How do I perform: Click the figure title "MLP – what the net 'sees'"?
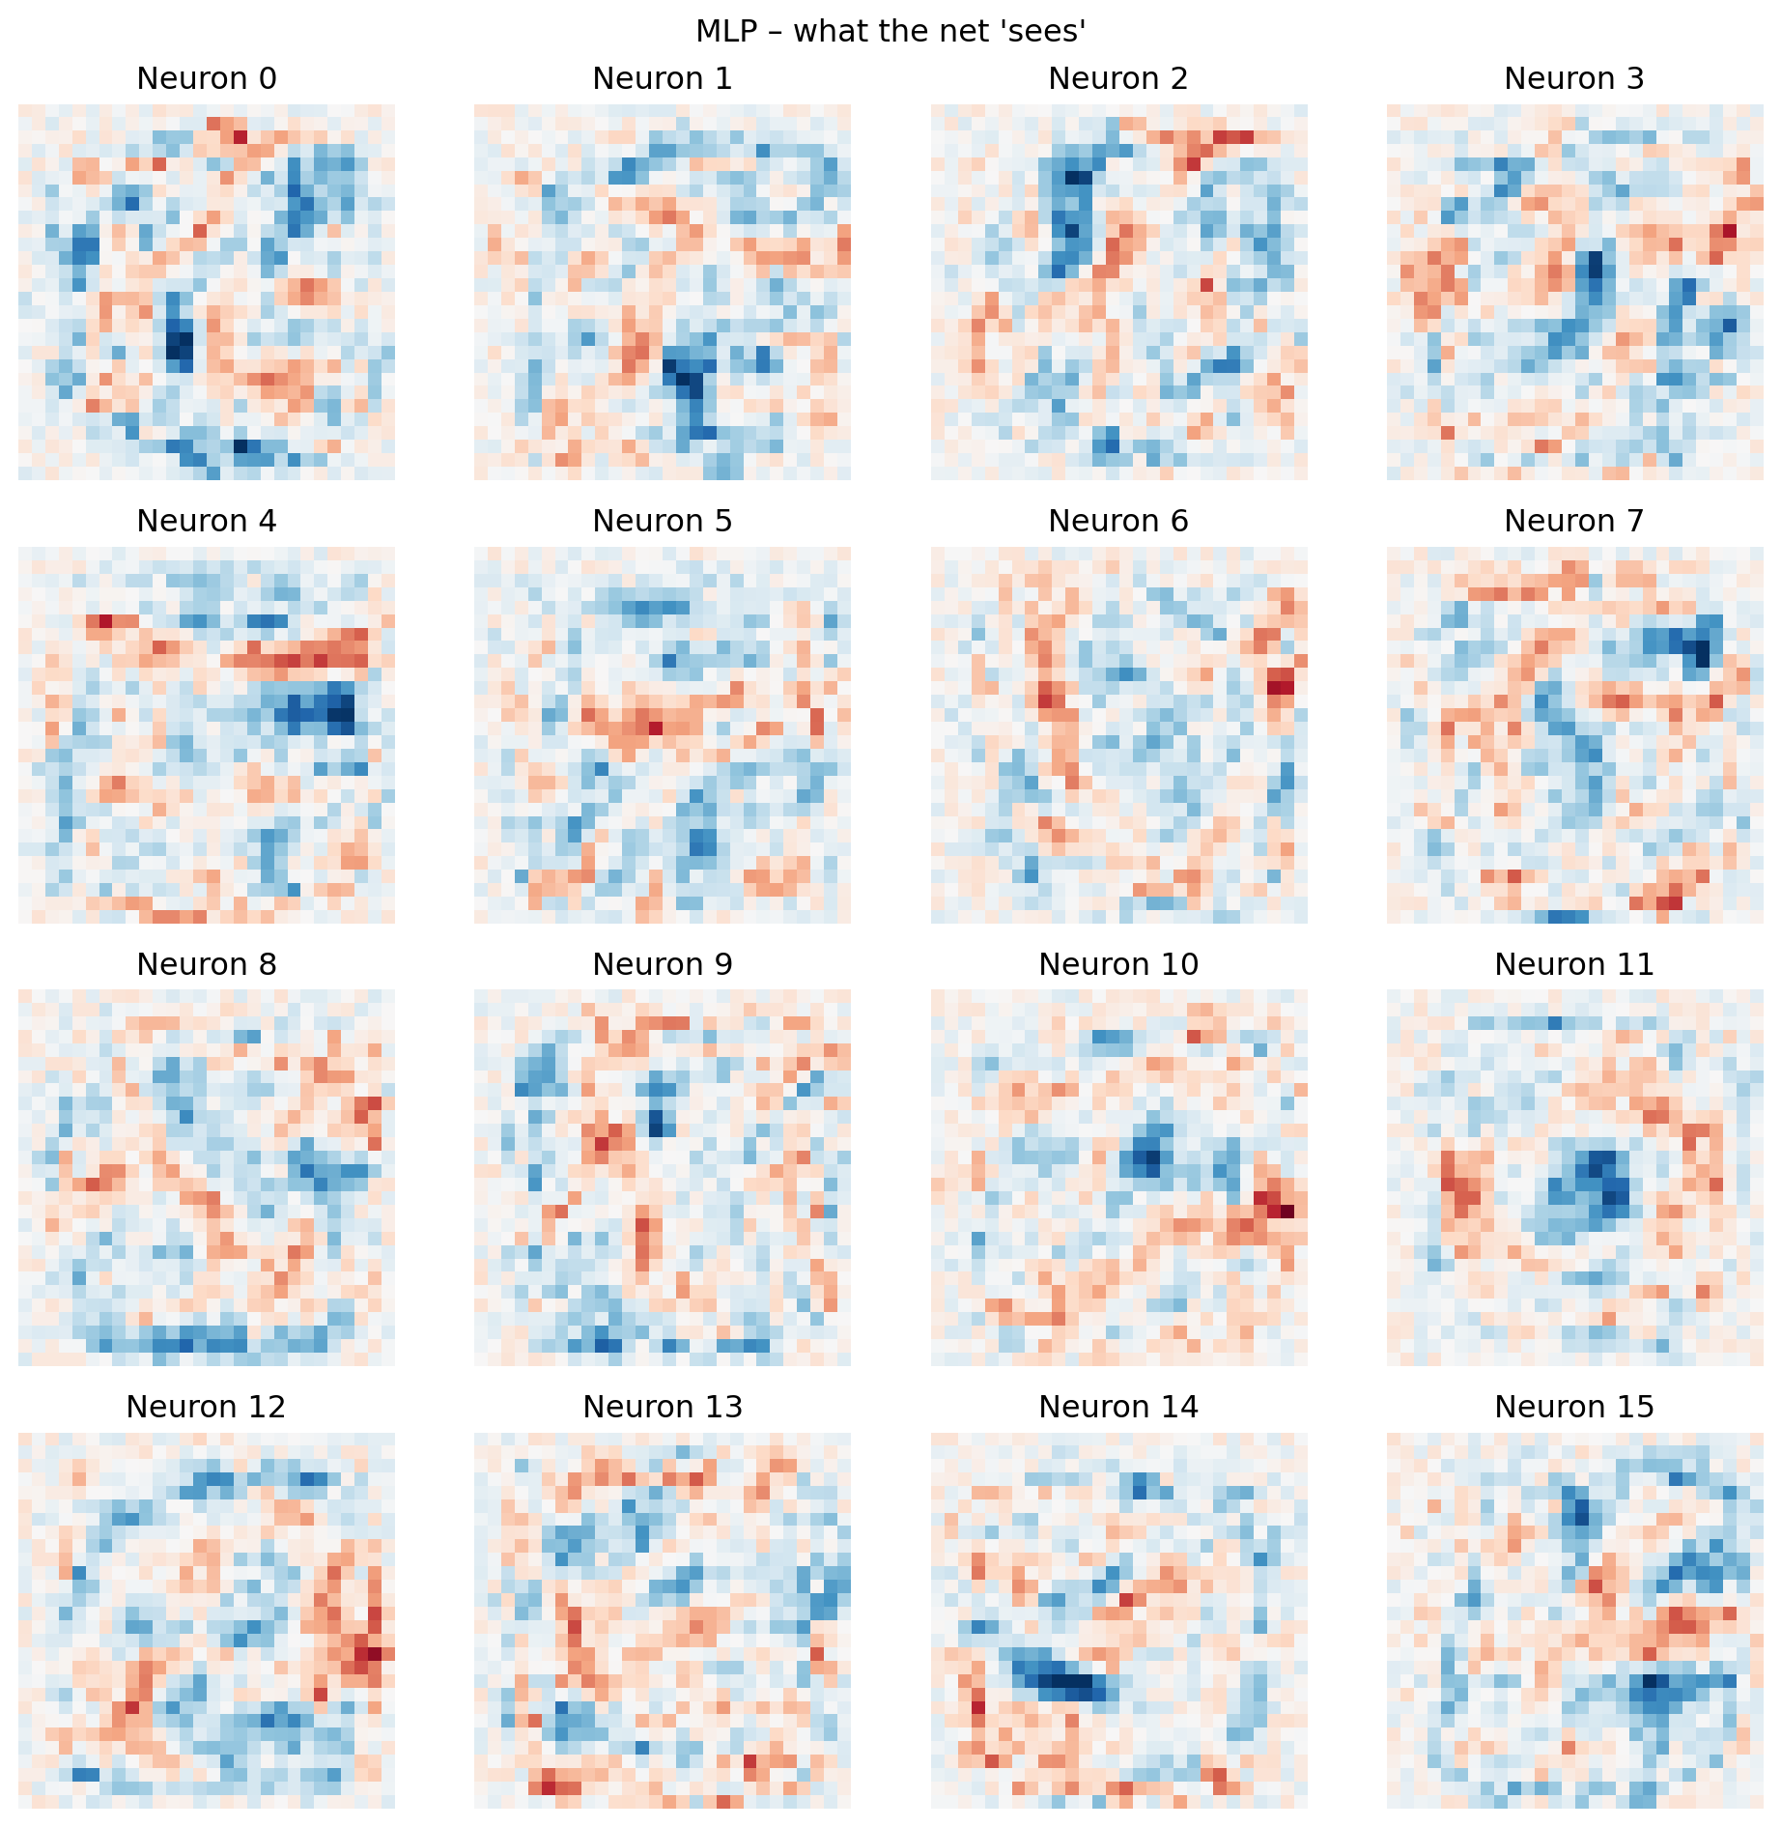click(x=890, y=31)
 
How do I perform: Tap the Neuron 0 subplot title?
click(x=207, y=78)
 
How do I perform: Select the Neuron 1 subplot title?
click(x=663, y=78)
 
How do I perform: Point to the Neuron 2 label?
click(x=1118, y=78)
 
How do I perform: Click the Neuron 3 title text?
click(x=1574, y=78)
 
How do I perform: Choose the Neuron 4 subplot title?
click(x=207, y=521)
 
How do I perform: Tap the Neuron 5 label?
click(x=663, y=521)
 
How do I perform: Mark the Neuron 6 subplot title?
click(x=1118, y=521)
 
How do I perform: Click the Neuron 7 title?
click(x=1574, y=521)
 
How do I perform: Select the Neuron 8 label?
click(x=207, y=964)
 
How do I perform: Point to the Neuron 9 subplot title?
click(x=663, y=964)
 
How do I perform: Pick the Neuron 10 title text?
click(x=1118, y=964)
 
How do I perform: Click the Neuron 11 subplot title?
click(x=1574, y=964)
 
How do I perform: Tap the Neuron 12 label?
click(x=207, y=1407)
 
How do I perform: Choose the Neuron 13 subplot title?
click(x=663, y=1407)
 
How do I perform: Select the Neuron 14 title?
click(x=1118, y=1407)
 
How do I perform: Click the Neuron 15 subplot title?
click(x=1574, y=1407)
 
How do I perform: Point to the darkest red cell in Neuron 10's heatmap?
click(x=1286, y=1211)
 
